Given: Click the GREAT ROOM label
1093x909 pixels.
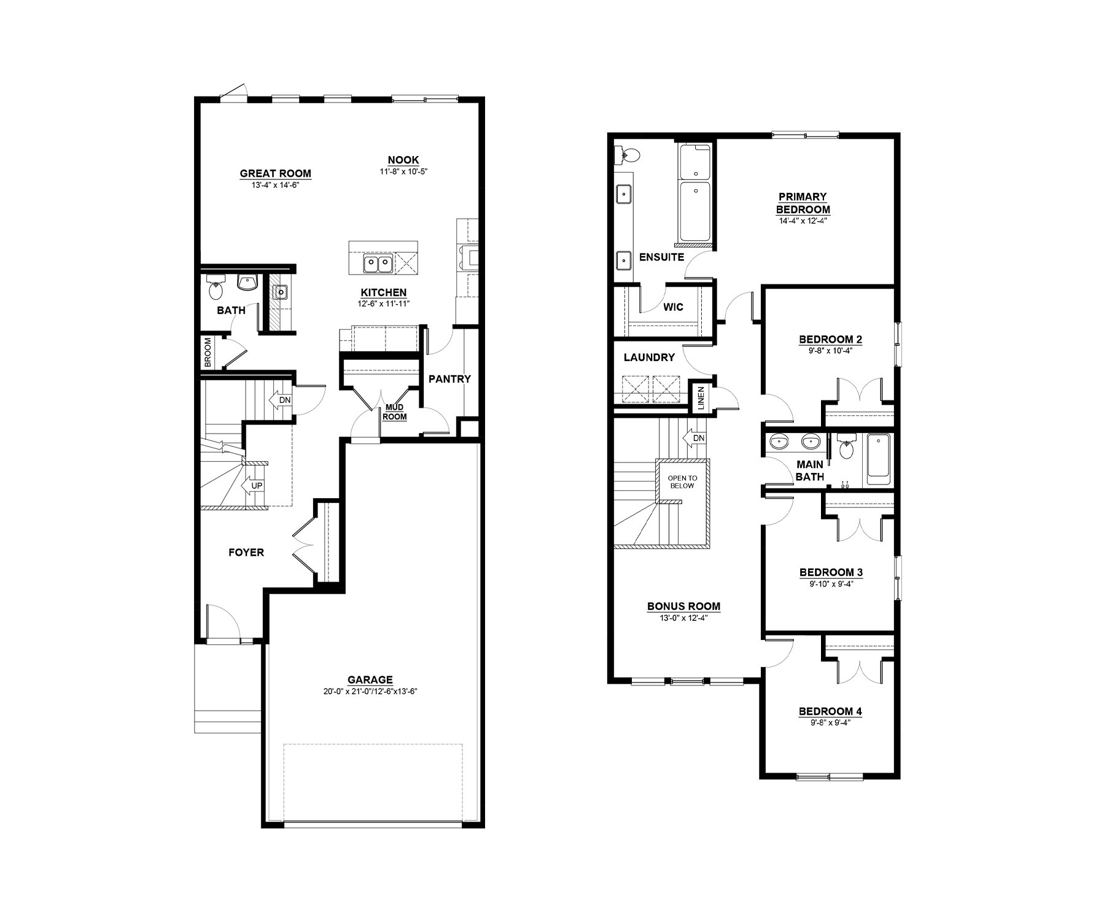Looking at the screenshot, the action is click(275, 174).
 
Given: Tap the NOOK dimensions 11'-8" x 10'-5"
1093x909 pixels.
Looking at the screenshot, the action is click(403, 172).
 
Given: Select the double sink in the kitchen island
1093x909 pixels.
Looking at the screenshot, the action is click(378, 264).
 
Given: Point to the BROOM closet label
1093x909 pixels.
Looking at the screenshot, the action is click(208, 353).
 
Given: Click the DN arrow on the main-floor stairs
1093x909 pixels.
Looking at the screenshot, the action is click(281, 400).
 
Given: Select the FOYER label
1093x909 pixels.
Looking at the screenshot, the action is click(246, 552).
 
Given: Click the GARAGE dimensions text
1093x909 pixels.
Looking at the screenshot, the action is click(370, 691).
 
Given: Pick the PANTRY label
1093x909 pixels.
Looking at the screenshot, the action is click(449, 379).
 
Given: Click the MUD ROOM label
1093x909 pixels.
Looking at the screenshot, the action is click(395, 412).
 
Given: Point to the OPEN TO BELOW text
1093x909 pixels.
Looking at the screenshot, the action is click(682, 482).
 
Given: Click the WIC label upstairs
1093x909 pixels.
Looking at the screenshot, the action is click(673, 307).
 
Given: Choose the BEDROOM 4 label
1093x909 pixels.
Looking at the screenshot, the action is click(830, 711).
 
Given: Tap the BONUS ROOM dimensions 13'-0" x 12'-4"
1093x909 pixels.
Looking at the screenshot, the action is click(683, 618).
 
